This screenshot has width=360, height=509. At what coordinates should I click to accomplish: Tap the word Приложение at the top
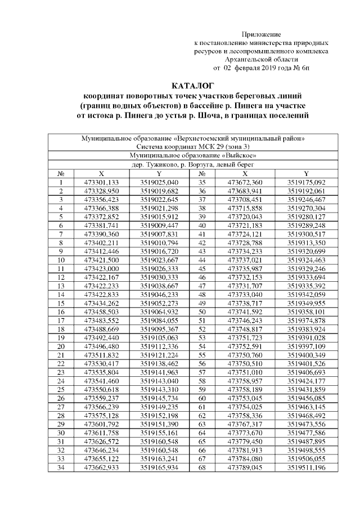tap(261, 35)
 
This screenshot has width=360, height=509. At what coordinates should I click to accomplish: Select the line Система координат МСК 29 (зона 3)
tap(192, 145)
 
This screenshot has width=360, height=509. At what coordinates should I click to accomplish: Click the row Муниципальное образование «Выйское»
tap(192, 154)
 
